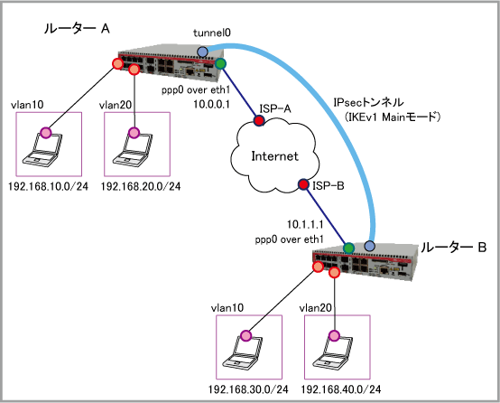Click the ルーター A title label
click(x=77, y=29)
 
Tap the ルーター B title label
click(x=453, y=248)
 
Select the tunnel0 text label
click(x=212, y=33)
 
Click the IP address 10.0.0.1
click(x=212, y=104)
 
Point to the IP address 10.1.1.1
click(x=305, y=224)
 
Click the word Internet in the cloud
click(x=275, y=156)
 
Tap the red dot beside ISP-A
click(x=259, y=120)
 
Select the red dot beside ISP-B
click(x=303, y=184)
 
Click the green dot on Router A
click(x=220, y=63)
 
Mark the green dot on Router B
click(x=349, y=248)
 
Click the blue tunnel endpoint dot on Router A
click(x=202, y=52)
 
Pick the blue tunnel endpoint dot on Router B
click(x=369, y=246)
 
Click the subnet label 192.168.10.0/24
click(x=48, y=186)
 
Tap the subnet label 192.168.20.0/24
click(x=141, y=186)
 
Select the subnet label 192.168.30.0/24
click(x=248, y=389)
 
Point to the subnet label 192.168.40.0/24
click(x=341, y=389)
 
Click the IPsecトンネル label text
click(x=368, y=102)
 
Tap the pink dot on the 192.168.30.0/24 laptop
click(x=245, y=335)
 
